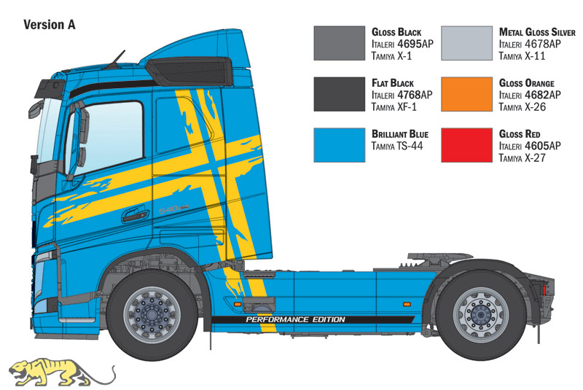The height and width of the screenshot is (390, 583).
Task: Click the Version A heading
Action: click(50, 25)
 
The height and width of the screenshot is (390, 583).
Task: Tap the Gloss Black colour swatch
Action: click(339, 43)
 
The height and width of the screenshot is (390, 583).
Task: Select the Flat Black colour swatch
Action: click(339, 94)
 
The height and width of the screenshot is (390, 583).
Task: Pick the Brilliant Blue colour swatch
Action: click(339, 145)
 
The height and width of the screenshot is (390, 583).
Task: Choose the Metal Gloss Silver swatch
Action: click(466, 43)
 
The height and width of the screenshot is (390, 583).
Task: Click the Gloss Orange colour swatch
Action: click(466, 94)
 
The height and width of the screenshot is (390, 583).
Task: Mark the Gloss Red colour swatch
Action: click(466, 145)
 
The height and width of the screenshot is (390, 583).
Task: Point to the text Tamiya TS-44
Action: click(397, 146)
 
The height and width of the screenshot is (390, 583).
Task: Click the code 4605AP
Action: click(543, 146)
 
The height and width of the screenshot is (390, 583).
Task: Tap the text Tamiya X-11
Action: click(522, 57)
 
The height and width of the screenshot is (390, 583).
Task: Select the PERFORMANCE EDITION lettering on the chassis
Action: click(296, 319)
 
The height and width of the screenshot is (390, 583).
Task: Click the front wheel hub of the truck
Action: click(152, 314)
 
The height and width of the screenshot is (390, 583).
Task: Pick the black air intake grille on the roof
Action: click(189, 71)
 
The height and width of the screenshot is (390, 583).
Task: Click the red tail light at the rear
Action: click(545, 289)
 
